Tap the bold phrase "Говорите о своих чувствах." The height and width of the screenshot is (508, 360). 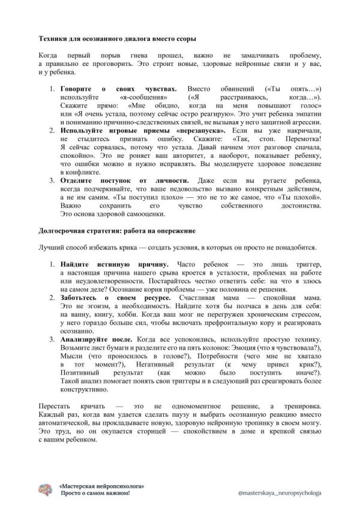coord(118,88)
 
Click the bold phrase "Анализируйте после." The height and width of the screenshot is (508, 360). coord(96,339)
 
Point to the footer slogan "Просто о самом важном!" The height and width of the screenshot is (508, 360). coord(95,493)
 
